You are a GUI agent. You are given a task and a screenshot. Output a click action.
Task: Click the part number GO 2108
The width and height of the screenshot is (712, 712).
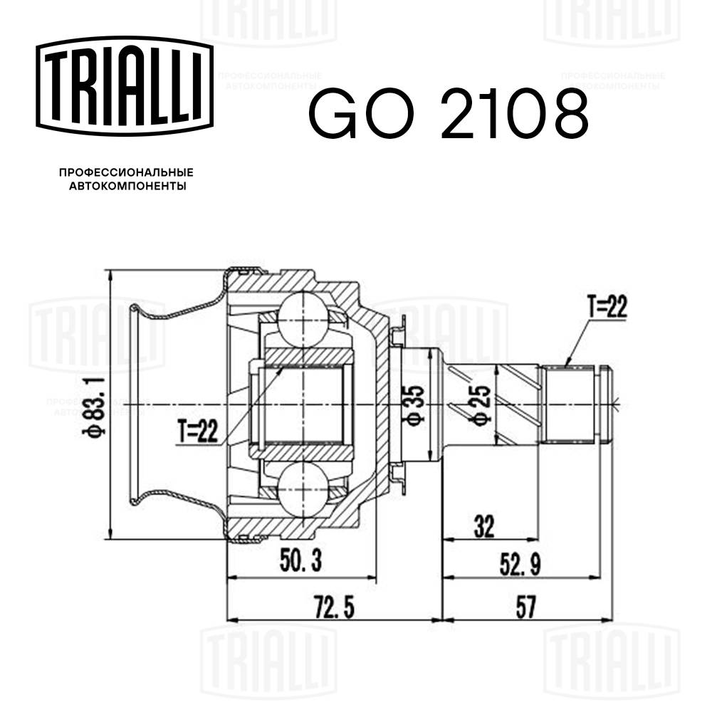click(448, 114)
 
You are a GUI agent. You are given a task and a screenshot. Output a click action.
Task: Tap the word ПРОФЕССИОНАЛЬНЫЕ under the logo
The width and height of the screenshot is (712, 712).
click(126, 172)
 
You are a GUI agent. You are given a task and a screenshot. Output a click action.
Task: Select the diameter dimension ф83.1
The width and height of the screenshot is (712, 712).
click(96, 404)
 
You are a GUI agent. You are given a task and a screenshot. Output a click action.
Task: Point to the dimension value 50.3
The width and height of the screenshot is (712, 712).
click(300, 563)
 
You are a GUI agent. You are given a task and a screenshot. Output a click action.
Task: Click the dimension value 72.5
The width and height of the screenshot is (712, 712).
click(333, 608)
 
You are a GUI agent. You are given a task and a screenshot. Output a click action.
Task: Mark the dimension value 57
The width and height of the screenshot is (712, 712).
click(525, 608)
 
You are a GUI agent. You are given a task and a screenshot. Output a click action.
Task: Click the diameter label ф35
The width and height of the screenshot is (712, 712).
click(416, 405)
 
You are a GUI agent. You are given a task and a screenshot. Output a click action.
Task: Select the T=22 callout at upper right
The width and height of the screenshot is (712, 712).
click(607, 307)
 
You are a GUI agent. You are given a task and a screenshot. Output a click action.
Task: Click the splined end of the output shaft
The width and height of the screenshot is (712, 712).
click(570, 404)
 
